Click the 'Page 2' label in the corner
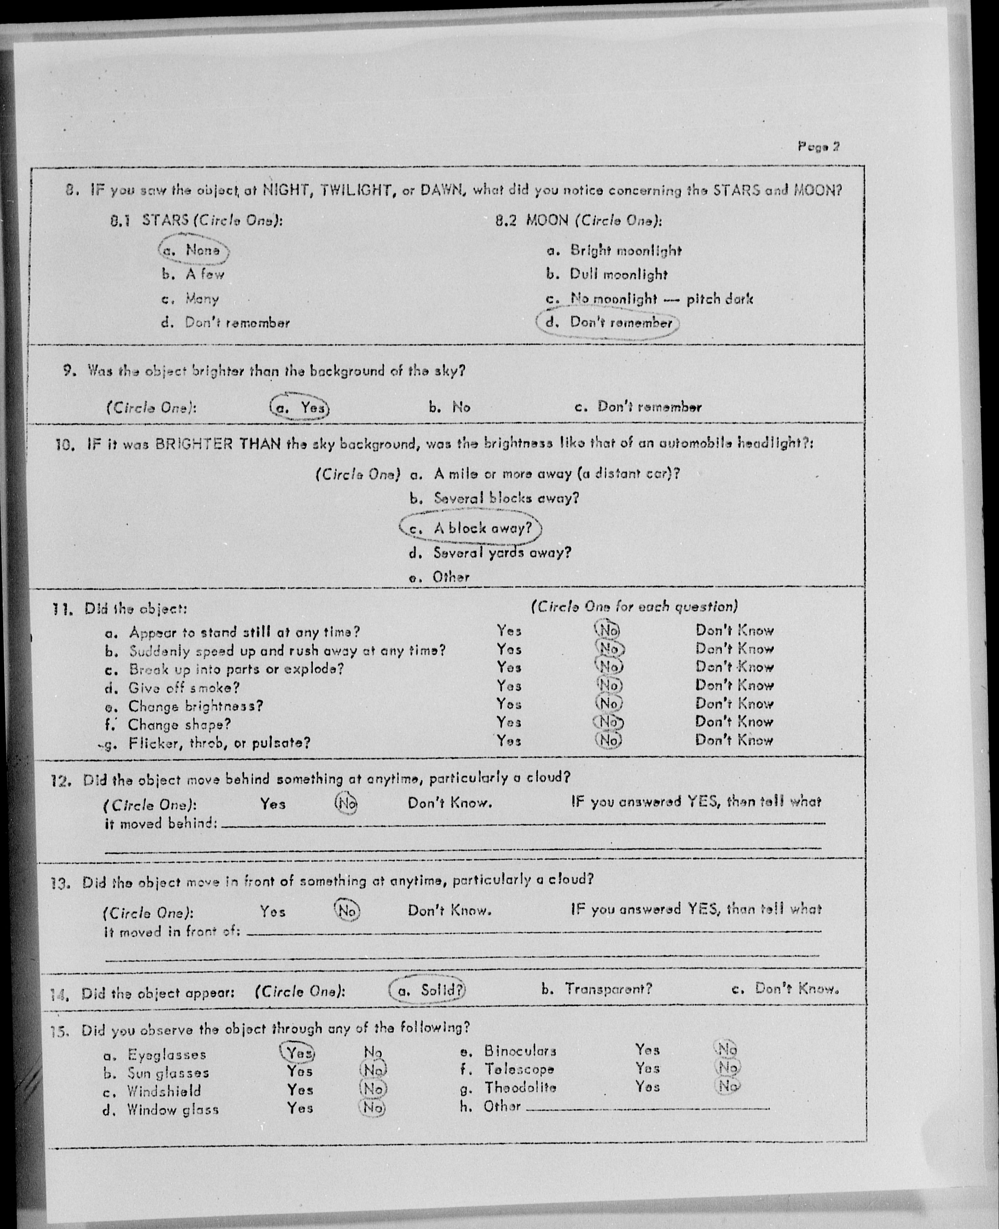818,146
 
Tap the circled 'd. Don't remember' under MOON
607,323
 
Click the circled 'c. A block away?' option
471,528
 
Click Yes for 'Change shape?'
509,722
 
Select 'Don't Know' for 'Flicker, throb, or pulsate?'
734,740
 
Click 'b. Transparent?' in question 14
597,989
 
